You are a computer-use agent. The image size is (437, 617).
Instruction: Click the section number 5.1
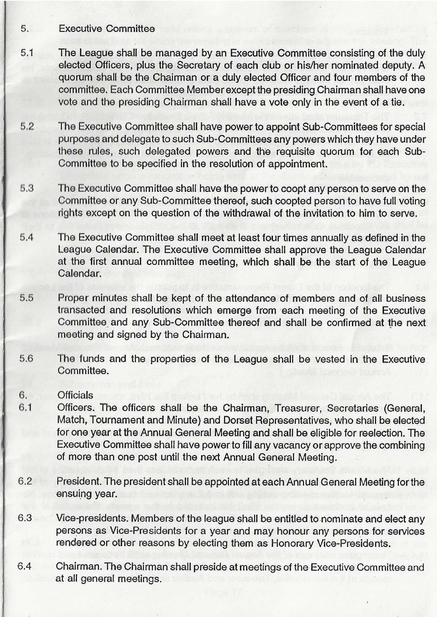[x=27, y=53]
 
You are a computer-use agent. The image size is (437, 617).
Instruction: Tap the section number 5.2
[x=27, y=127]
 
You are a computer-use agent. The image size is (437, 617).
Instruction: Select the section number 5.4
[x=26, y=238]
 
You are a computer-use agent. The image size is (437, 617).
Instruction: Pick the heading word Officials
[x=75, y=395]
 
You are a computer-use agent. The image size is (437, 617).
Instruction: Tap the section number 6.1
[x=25, y=408]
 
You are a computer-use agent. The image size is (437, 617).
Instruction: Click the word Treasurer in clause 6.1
[x=295, y=408]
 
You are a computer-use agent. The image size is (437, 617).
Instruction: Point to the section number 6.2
[x=25, y=481]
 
